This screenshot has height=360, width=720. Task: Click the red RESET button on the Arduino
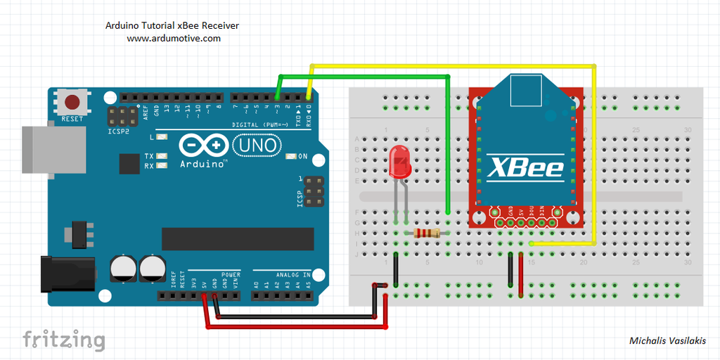click(72, 102)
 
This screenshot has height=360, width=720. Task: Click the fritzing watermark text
click(64, 340)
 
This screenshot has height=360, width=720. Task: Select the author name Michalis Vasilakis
click(669, 340)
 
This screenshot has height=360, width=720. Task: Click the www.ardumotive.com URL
click(174, 39)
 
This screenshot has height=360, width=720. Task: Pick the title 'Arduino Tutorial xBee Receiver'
click(172, 25)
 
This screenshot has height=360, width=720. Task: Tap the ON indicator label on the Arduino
click(303, 156)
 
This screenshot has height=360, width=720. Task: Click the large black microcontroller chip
click(225, 239)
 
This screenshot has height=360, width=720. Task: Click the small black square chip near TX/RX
click(129, 164)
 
